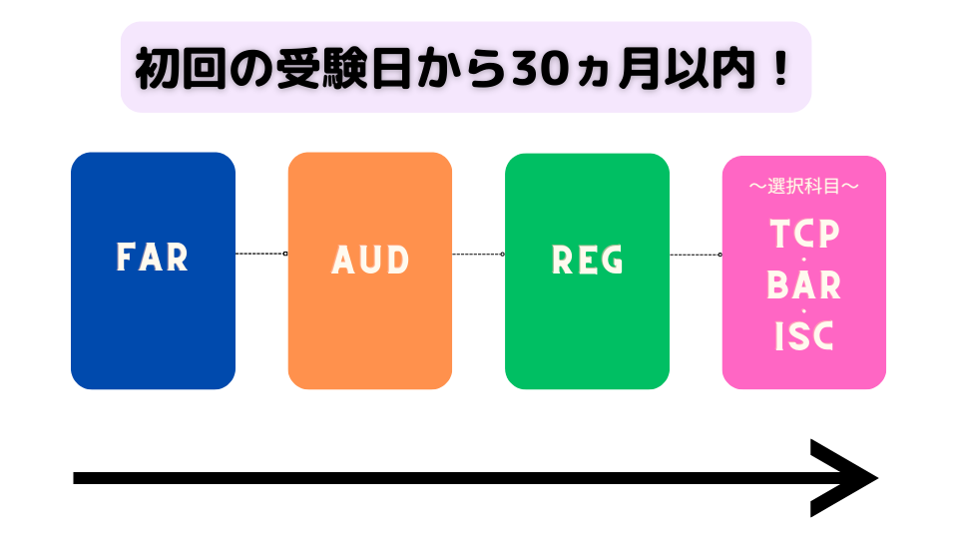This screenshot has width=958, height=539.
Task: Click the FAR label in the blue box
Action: coord(153,258)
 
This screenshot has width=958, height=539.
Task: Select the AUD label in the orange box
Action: coord(370,261)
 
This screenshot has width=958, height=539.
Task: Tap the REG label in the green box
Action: coord(588,261)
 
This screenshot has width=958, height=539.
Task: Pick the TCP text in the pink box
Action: coord(804,234)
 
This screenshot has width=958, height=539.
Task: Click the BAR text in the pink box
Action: coord(804,285)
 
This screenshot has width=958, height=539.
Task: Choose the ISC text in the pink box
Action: coord(804,337)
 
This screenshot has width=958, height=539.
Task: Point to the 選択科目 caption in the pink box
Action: coord(804,186)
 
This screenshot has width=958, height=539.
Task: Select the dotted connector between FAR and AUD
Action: coord(261,254)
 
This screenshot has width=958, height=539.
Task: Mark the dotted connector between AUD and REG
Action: coord(478,254)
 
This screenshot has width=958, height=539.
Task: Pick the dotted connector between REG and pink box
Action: coord(696,254)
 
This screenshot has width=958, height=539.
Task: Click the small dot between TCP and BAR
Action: coord(804,261)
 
